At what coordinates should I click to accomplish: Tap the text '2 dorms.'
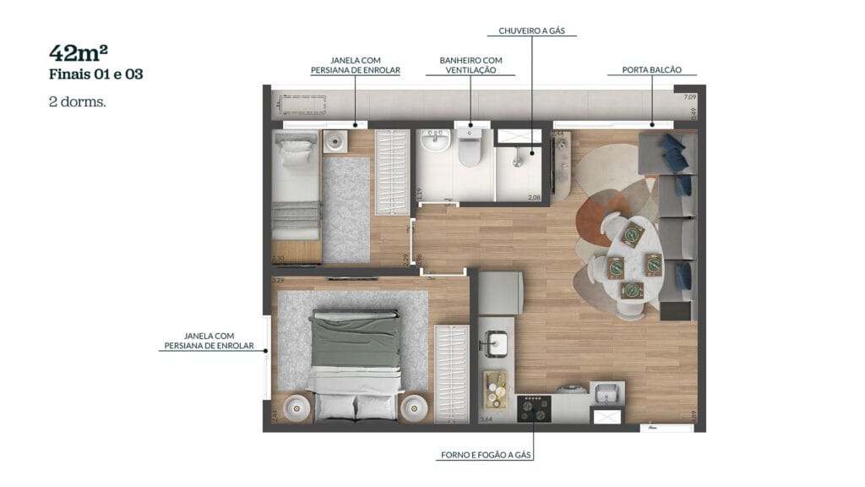pyautogui.click(x=78, y=101)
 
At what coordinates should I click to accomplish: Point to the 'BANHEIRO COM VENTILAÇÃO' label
pyautogui.click(x=471, y=65)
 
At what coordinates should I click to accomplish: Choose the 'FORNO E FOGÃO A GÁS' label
pyautogui.click(x=486, y=455)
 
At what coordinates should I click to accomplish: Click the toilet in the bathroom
pyautogui.click(x=469, y=150)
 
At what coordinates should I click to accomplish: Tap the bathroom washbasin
pyautogui.click(x=436, y=141)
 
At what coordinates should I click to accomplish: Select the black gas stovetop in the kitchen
pyautogui.click(x=534, y=409)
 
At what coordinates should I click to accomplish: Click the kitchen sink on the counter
pyautogui.click(x=497, y=343)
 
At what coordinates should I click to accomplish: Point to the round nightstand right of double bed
pyautogui.click(x=415, y=408)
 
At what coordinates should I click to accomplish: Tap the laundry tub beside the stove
pyautogui.click(x=605, y=393)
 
